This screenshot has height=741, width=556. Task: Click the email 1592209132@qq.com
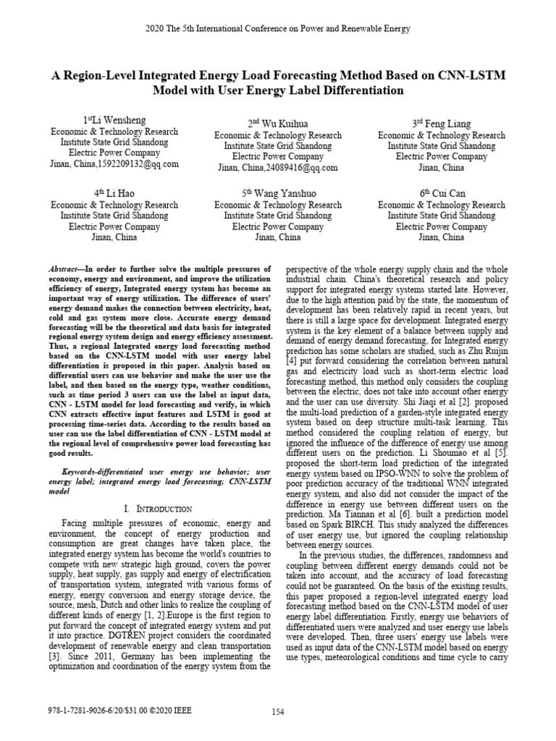(141, 164)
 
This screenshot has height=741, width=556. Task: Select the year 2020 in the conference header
(156, 29)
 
